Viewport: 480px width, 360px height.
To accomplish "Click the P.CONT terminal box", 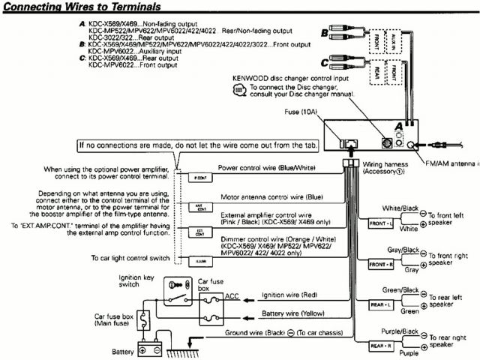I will [x=199, y=178].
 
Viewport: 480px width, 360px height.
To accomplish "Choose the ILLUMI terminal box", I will [x=199, y=261].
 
